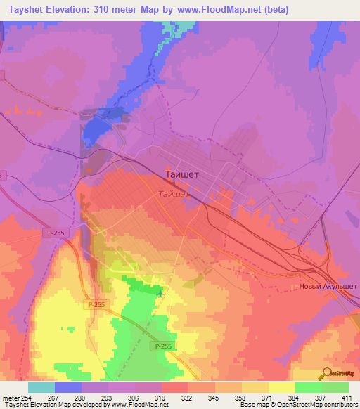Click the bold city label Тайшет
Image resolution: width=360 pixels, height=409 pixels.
click(184, 173)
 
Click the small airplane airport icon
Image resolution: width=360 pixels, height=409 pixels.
click(160, 294)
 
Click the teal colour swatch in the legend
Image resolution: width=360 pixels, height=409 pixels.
click(41, 387)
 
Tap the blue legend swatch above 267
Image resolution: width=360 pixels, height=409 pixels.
click(67, 387)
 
